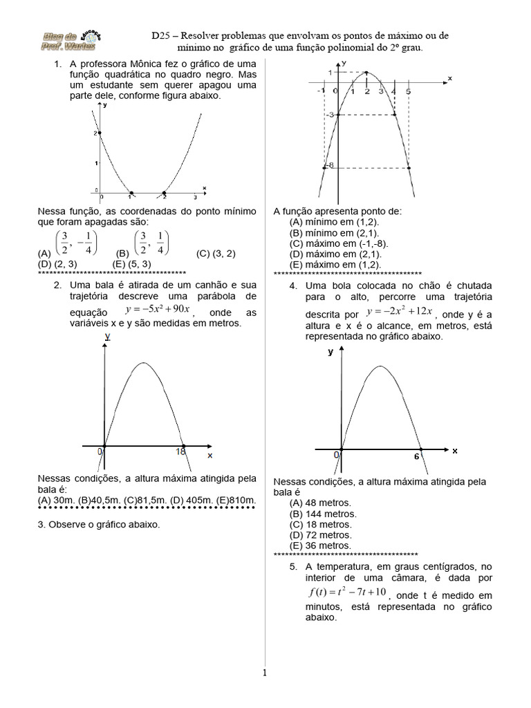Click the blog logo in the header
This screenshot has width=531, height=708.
[62, 42]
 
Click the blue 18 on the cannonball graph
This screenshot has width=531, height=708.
[180, 451]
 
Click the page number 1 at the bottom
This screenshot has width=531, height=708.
[264, 673]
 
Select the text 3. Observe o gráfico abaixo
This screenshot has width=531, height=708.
[99, 525]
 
